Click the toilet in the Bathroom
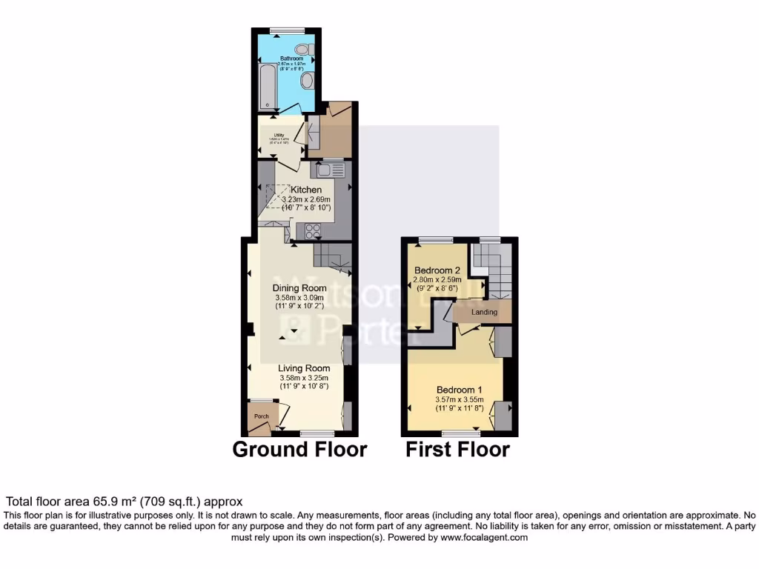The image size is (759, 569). coord(310,50)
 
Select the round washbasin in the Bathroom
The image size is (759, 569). coord(308,80)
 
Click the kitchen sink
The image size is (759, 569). coord(329,170)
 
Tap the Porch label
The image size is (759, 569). coord(261,416)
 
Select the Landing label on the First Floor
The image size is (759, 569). coord(485,313)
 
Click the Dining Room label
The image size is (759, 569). coord(299,288)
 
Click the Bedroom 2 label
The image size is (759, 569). coord(437,270)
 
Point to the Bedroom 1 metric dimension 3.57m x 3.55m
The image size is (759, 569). coord(460,399)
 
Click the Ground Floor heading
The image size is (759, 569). coord(299,449)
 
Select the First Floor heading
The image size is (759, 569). coord(457,449)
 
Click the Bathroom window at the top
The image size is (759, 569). coord(288,30)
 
